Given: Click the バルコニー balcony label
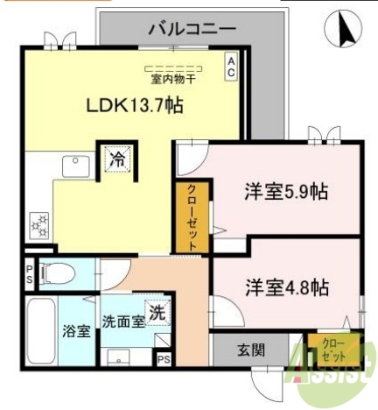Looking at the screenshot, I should (192, 28).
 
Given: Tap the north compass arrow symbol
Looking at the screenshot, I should (344, 32).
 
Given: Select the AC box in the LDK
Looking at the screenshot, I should (231, 67).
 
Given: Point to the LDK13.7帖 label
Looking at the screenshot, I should (133, 105).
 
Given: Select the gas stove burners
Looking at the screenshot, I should (40, 226).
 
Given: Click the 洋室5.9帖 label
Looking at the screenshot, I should (285, 192).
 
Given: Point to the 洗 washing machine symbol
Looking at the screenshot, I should (157, 310).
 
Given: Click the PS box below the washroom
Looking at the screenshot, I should (163, 357).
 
